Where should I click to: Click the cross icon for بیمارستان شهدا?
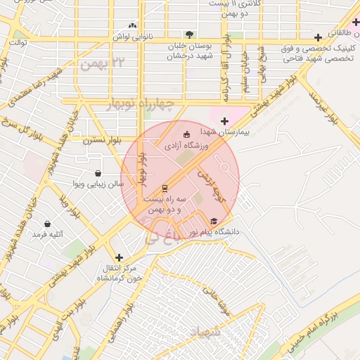224,121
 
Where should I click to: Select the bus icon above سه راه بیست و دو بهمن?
165,188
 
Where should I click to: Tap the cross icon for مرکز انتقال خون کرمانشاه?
119,258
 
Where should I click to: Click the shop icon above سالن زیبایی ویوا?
97,173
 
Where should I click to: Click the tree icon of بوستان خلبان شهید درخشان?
188,34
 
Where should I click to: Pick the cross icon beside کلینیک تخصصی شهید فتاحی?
318,37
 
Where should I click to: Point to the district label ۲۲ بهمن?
101,64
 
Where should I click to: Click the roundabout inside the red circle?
225,167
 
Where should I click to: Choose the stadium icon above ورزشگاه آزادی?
186,135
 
